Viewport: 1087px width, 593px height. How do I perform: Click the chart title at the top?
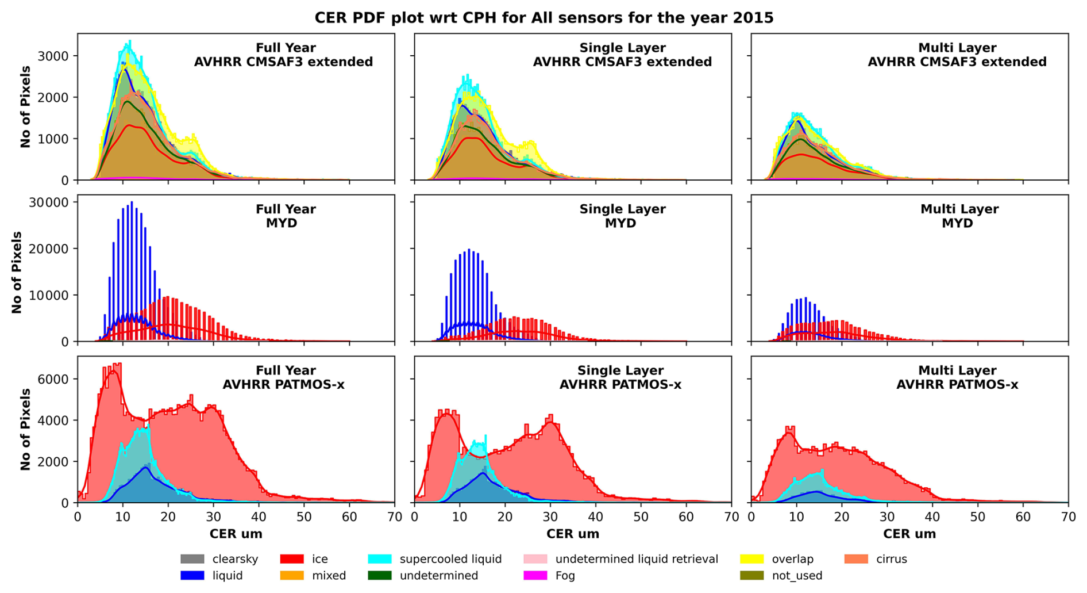point(543,18)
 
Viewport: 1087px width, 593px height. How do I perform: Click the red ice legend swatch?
point(291,559)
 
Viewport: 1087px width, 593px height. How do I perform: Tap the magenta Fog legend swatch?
point(535,576)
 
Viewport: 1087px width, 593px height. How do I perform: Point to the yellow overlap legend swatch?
point(751,559)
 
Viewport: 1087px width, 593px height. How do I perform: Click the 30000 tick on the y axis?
point(53,202)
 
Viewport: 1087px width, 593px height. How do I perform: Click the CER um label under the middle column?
point(572,534)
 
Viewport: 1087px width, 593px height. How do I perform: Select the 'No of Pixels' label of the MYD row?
point(17,273)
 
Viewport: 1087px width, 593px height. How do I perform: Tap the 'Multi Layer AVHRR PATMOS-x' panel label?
point(957,377)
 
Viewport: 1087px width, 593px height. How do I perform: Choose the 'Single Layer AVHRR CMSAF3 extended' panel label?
point(622,55)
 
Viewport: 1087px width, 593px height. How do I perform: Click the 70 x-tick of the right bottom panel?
point(1068,517)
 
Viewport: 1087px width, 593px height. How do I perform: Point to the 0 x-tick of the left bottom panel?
point(78,517)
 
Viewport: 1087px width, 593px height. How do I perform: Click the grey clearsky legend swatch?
point(192,559)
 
